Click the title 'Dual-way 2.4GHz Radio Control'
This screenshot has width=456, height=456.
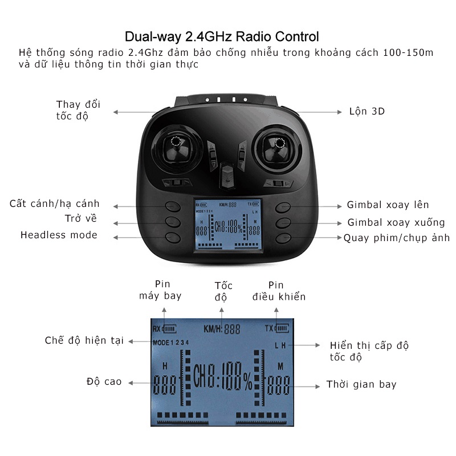tap(222, 38)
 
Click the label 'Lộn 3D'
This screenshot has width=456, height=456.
tap(367, 111)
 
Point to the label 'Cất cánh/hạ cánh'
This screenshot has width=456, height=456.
tap(55, 203)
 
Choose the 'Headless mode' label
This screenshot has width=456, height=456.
tap(59, 235)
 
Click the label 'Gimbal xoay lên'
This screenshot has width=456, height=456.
tap(388, 205)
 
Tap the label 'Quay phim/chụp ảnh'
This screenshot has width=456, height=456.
tap(396, 238)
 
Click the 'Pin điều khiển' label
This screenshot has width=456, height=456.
tap(278, 291)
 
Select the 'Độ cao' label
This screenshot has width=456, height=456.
tap(104, 381)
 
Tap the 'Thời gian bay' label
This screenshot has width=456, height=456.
tap(361, 384)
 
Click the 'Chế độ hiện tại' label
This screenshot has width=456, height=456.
tap(84, 340)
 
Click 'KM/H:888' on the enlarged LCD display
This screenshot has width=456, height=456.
tap(222, 328)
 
